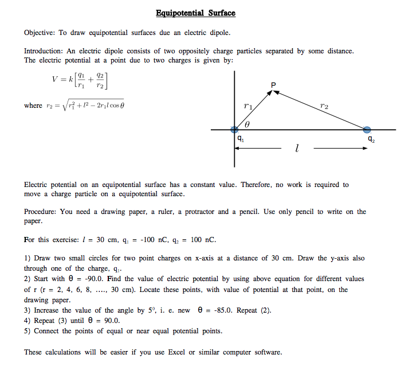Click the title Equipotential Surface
coord(195,13)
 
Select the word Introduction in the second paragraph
coord(44,51)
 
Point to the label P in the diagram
coord(273,85)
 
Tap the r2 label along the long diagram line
coord(324,106)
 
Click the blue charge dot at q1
coord(234,130)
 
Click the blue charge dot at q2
coord(367,130)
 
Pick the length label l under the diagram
coord(296,150)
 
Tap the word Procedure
coord(41,212)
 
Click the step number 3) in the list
coord(27,310)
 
